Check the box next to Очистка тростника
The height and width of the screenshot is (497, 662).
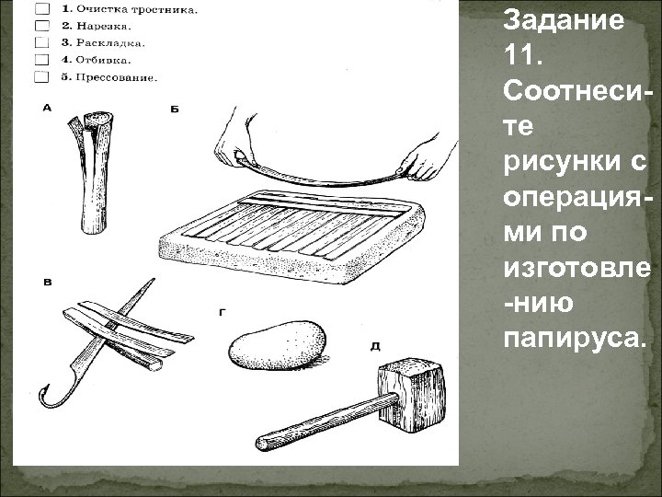(40, 9)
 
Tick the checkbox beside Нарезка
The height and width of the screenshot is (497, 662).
(40, 26)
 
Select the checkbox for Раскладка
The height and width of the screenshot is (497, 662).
(40, 42)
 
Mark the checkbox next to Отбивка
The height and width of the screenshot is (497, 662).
(40, 59)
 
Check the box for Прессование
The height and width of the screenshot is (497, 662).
(40, 75)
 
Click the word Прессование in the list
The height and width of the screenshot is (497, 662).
(117, 76)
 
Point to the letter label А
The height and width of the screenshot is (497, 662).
(47, 109)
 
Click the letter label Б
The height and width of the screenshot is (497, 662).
(175, 110)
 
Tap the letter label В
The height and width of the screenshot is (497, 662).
(47, 280)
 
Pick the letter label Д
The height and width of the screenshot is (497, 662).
(376, 346)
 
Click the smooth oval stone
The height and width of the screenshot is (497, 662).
(275, 347)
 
